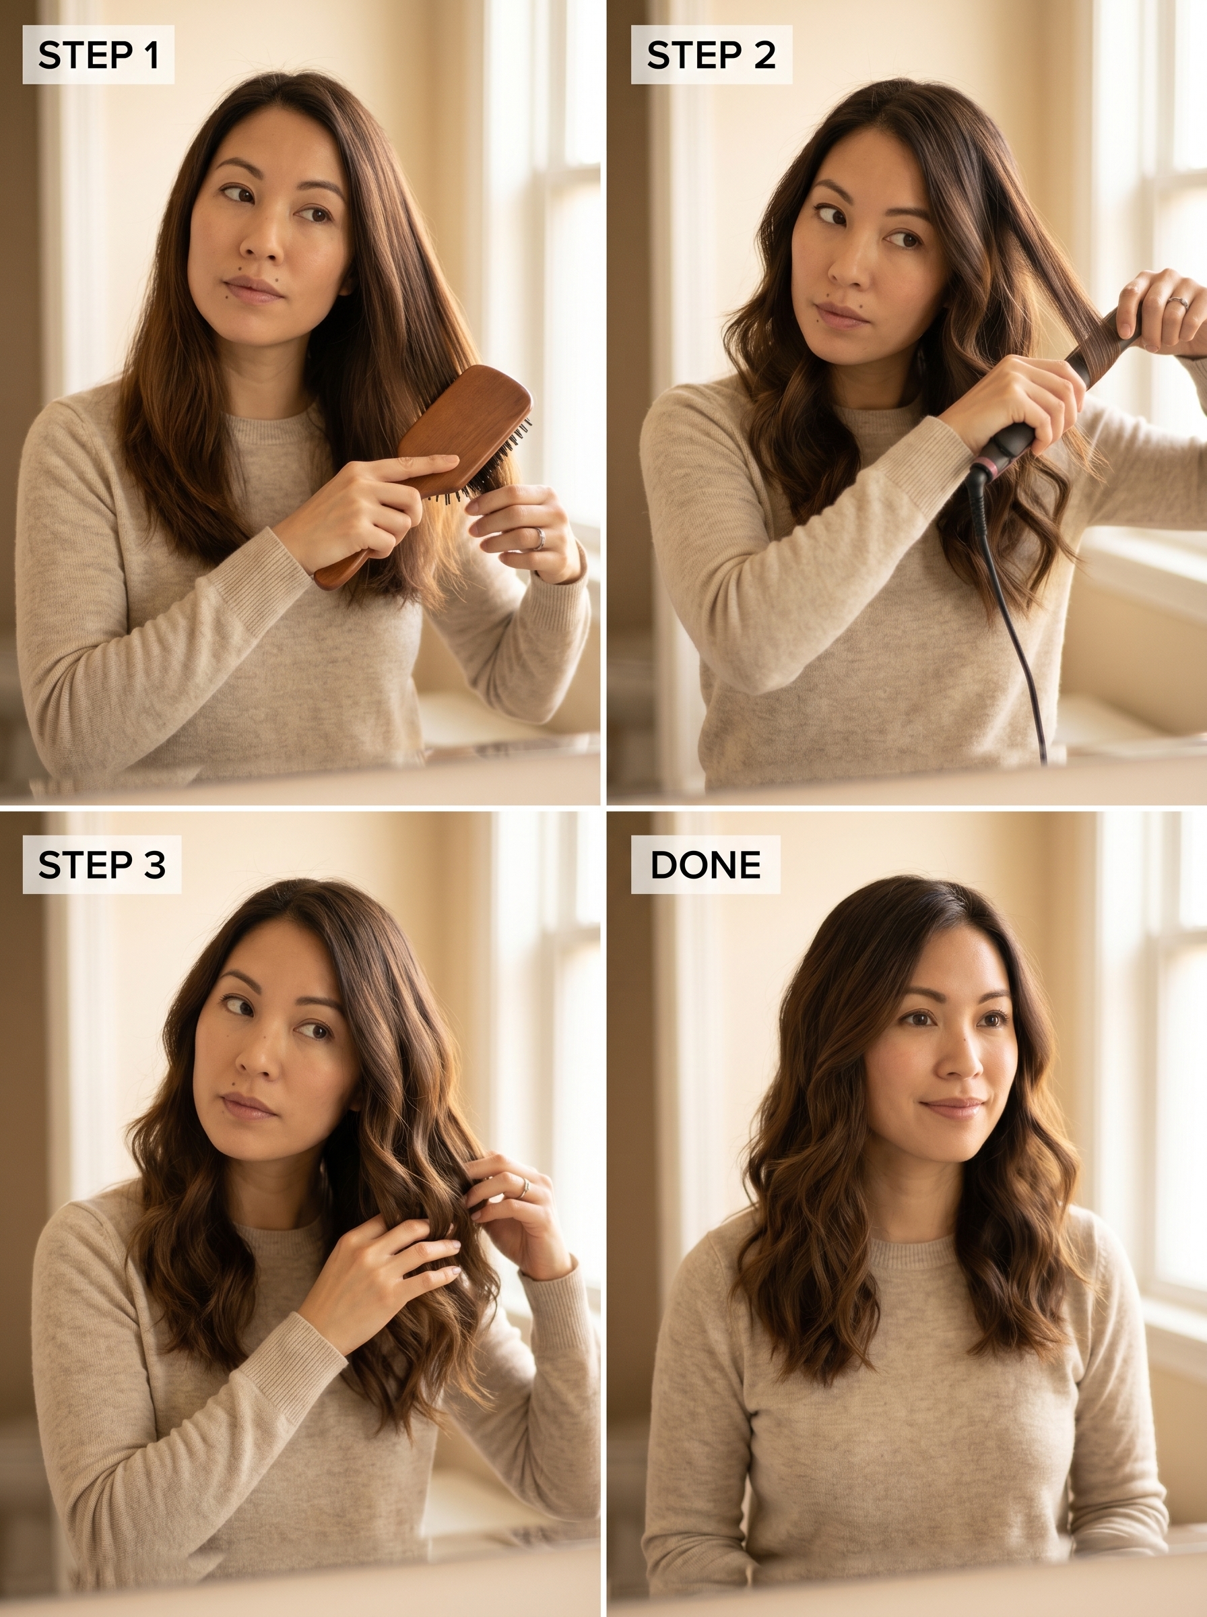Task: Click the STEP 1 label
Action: [x=98, y=55]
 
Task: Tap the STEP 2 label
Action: [x=711, y=55]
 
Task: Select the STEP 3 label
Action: [x=102, y=864]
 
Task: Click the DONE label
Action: [x=705, y=864]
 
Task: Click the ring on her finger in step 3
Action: [x=524, y=1187]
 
